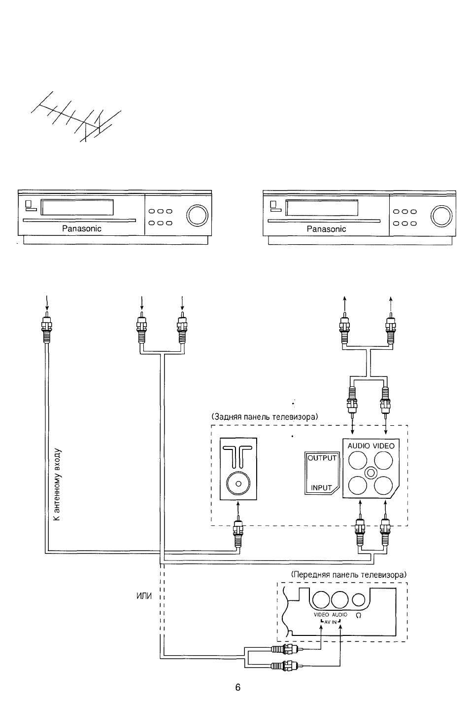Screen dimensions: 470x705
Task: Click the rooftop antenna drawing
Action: pos(76,117)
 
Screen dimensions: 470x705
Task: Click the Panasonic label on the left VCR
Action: pos(81,228)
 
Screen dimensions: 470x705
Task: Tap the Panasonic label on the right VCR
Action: pos(326,229)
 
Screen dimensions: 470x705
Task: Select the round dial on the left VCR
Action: pos(197,215)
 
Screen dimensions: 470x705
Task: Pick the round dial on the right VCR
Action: pos(442,216)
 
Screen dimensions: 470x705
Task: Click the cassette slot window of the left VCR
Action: pos(77,207)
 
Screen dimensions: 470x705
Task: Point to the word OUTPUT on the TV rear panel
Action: pos(322,458)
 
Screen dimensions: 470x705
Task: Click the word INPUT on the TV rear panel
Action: pos(321,487)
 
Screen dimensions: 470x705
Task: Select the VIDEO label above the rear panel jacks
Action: pos(384,445)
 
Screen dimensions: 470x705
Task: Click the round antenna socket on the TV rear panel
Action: pos(238,483)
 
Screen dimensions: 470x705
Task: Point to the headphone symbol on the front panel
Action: pos(359,615)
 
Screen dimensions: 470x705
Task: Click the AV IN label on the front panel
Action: pos(331,622)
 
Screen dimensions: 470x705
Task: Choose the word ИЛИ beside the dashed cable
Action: pos(144,596)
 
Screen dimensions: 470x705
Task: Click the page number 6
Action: pos(238,687)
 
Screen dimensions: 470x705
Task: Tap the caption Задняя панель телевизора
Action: pos(265,417)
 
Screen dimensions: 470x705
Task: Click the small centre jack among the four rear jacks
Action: pos(370,473)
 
